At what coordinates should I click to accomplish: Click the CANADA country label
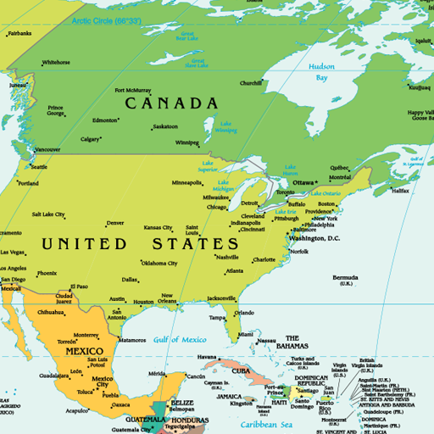[172, 103]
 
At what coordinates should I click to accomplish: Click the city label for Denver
[115, 224]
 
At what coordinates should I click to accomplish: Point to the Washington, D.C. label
[314, 238]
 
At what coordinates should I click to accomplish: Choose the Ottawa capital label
[303, 182]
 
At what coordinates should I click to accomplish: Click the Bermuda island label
[345, 279]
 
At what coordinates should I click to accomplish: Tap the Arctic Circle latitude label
[107, 19]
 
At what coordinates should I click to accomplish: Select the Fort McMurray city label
[133, 90]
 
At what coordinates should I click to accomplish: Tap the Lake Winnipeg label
[225, 127]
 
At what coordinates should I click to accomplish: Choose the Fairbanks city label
[19, 34]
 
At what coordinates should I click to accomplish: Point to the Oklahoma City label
[159, 263]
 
